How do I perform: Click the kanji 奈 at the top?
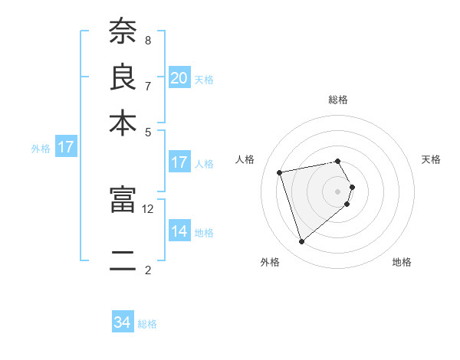click(x=122, y=32)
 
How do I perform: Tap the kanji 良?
click(x=122, y=77)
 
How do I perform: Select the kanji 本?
click(x=122, y=123)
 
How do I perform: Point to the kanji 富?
click(x=122, y=199)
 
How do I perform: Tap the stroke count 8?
click(x=147, y=40)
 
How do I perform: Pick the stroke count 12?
click(x=148, y=208)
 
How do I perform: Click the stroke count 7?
click(x=147, y=85)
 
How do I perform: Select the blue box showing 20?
click(x=179, y=77)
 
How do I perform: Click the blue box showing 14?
click(x=179, y=231)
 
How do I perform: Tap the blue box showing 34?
click(x=122, y=322)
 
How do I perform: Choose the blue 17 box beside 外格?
click(x=65, y=147)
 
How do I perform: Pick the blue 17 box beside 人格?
click(x=179, y=162)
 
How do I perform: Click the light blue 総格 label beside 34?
click(x=147, y=324)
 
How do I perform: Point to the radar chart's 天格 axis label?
click(x=431, y=159)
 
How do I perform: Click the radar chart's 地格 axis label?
click(x=402, y=262)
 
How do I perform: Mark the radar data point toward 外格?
click(x=301, y=242)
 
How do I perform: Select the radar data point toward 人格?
click(x=280, y=172)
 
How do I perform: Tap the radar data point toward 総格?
click(x=337, y=161)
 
